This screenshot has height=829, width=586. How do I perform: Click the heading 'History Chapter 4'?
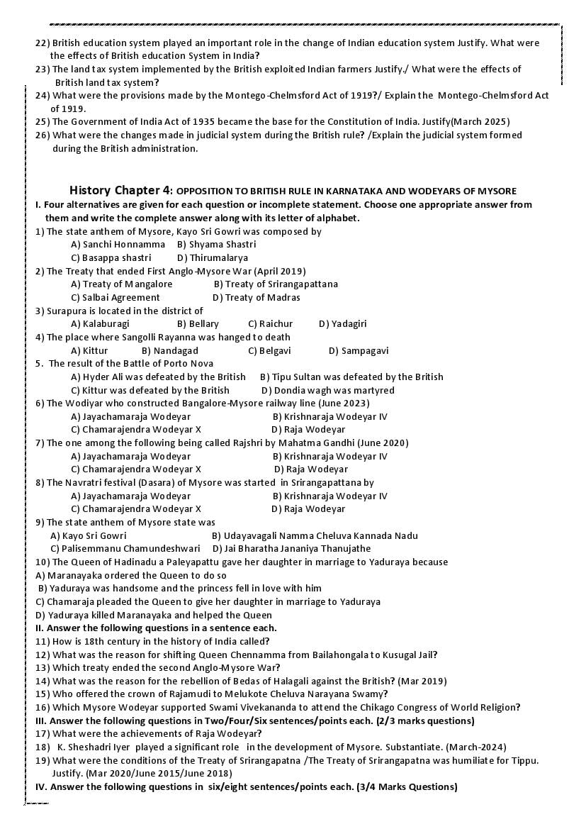[120, 190]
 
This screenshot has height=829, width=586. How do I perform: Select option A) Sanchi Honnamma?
[118, 244]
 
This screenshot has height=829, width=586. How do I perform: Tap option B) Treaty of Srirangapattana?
[276, 284]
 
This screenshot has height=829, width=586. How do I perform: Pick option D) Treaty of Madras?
[256, 297]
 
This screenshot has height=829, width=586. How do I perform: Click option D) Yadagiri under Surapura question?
[342, 323]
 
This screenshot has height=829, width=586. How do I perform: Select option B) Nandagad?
[170, 350]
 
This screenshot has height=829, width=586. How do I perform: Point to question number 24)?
[43, 95]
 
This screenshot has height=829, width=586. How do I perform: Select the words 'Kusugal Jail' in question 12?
[409, 655]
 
